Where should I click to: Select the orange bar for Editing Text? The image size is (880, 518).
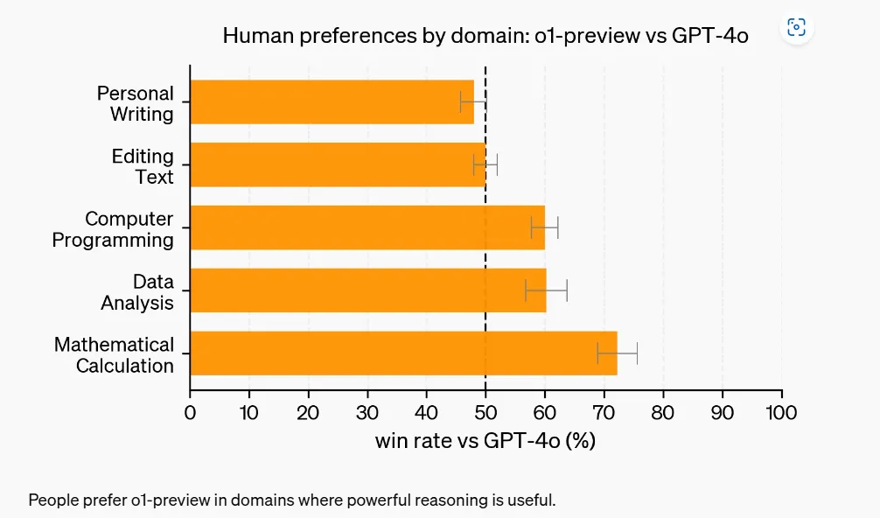click(337, 164)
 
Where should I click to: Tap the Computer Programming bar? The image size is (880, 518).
click(367, 227)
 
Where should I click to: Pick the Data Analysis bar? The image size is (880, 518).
click(367, 290)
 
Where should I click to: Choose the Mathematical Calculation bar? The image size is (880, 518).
click(402, 353)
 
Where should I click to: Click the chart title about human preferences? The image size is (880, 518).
click(485, 36)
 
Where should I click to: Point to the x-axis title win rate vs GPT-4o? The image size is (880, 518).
click(485, 441)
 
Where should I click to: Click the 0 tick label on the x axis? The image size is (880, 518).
click(190, 412)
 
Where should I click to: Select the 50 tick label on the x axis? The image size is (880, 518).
click(485, 412)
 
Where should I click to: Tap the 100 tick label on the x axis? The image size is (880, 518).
click(781, 412)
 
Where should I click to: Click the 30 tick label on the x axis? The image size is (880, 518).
click(367, 412)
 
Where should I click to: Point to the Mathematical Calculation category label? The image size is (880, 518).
click(114, 355)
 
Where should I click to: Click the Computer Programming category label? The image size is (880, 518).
click(113, 229)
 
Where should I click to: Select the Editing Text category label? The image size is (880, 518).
click(143, 166)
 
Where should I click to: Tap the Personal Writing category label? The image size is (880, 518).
click(136, 103)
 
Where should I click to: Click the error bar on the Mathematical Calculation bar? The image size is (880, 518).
click(618, 353)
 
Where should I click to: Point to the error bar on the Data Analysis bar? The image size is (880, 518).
click(547, 290)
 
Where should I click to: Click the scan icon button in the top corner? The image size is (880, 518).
click(796, 27)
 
